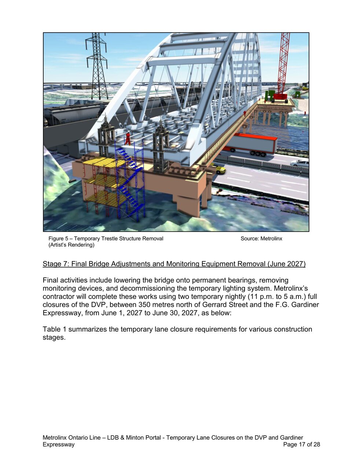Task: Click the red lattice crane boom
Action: [x=283, y=62]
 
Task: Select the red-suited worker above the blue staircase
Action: [x=128, y=139]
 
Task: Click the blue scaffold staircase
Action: [x=130, y=183]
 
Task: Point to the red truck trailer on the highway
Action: [x=253, y=143]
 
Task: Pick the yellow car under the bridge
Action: [x=219, y=169]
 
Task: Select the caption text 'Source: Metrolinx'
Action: [x=261, y=239]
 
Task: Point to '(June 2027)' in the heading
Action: [x=286, y=264]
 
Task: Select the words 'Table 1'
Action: [x=55, y=329]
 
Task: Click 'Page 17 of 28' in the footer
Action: [x=301, y=444]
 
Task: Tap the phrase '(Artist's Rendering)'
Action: [x=71, y=245]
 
